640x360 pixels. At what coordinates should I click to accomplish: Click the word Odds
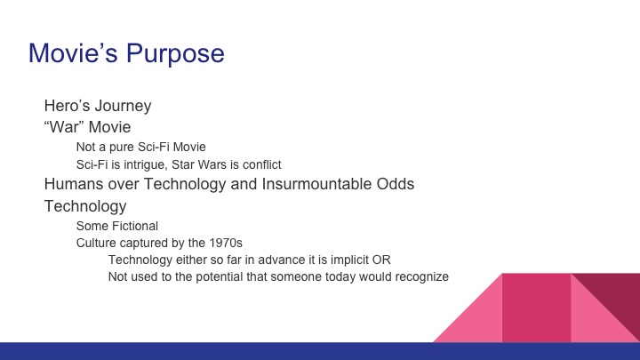[396, 185]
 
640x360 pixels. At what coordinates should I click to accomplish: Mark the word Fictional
[134, 226]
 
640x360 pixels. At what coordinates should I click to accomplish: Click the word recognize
[418, 276]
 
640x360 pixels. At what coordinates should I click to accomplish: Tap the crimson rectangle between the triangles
[536, 308]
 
